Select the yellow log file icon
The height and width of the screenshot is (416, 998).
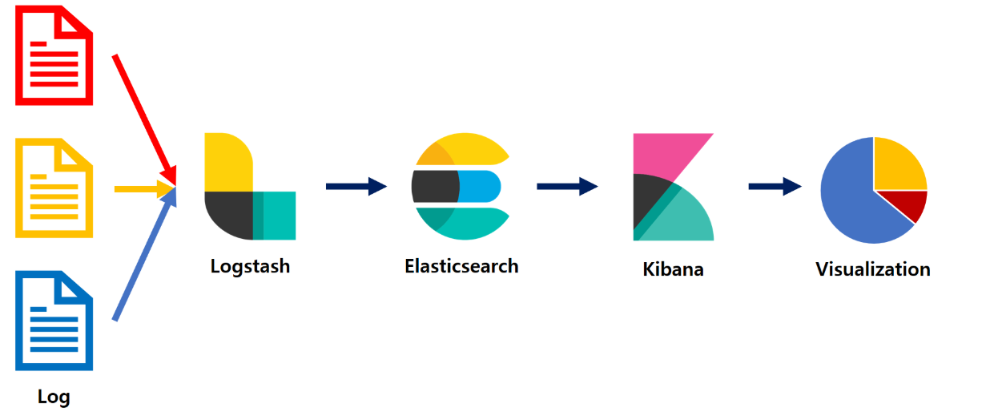[54, 188]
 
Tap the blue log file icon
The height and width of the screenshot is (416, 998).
[54, 321]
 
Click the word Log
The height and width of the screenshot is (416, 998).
[54, 396]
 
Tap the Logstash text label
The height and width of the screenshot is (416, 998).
[250, 265]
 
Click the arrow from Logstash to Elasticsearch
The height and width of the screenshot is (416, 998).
[356, 187]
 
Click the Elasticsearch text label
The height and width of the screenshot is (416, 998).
[461, 265]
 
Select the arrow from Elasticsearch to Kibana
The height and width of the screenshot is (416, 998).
[566, 187]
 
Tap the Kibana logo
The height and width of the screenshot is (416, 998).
[671, 187]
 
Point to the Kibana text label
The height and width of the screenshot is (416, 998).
[673, 269]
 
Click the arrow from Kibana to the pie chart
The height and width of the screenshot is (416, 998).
[774, 187]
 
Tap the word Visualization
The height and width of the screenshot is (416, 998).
[873, 269]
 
